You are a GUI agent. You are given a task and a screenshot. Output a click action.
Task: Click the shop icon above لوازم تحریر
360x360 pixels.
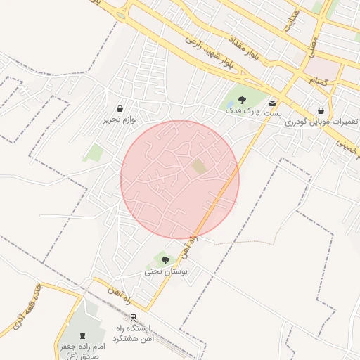121,109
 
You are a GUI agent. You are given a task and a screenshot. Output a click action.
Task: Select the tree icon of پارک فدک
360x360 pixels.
243,100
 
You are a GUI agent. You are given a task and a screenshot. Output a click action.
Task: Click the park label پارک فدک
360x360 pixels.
243,111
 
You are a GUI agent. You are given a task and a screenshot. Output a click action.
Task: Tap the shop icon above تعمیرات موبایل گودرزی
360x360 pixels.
321,110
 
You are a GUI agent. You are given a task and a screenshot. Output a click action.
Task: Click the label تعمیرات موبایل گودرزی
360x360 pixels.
321,122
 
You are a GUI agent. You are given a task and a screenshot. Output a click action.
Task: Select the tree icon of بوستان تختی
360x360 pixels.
165,260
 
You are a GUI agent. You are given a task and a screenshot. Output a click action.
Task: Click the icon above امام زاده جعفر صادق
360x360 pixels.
83,335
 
